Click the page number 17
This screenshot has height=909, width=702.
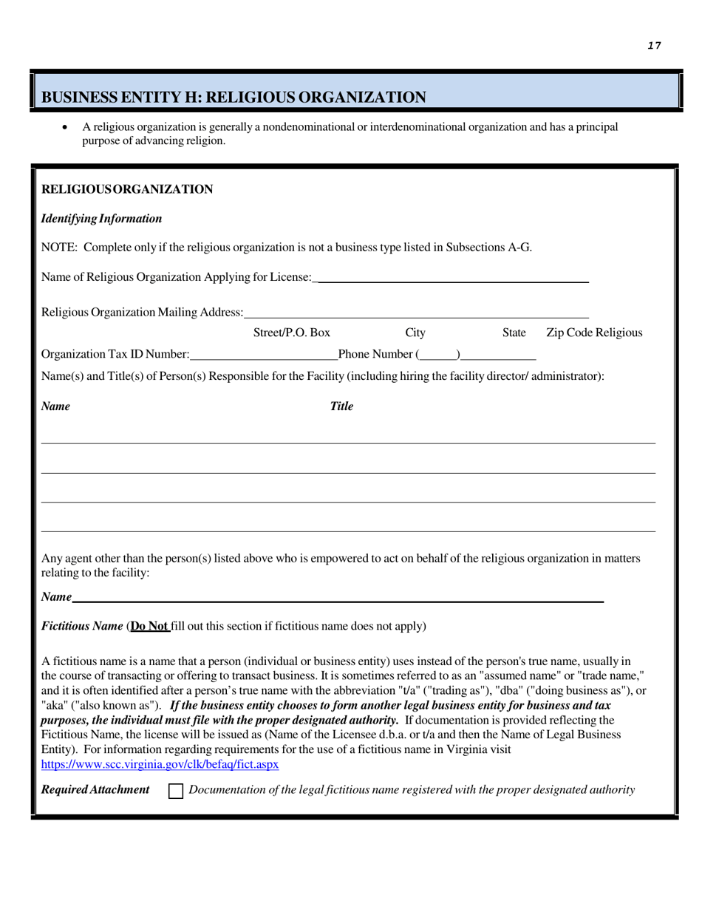pyautogui.click(x=654, y=46)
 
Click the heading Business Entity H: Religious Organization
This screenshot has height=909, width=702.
pyautogui.click(x=234, y=98)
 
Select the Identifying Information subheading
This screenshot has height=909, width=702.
pyautogui.click(x=102, y=219)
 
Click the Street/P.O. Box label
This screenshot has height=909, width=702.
pyautogui.click(x=291, y=333)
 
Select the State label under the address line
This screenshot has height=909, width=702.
pyautogui.click(x=514, y=333)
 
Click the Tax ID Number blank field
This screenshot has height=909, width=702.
pyautogui.click(x=263, y=355)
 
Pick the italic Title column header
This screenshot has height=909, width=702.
pyautogui.click(x=341, y=406)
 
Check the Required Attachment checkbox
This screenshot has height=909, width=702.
pyautogui.click(x=176, y=791)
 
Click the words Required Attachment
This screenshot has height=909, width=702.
pyautogui.click(x=95, y=790)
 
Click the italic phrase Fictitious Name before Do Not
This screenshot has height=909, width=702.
pyautogui.click(x=82, y=627)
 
